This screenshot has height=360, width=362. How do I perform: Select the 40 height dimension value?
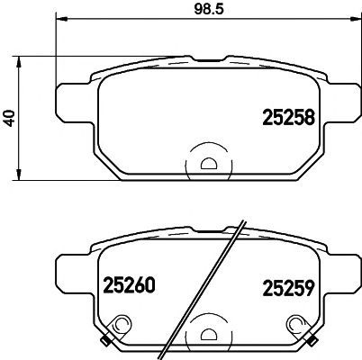coord(10,118)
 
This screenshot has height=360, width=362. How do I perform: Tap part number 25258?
coord(287,117)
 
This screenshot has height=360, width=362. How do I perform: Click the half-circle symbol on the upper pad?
coord(208,164)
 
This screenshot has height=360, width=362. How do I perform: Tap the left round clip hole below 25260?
coord(121,326)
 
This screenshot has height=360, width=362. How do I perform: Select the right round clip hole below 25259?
coord(294,326)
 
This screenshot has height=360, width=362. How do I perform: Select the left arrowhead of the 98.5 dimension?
coord(61,20)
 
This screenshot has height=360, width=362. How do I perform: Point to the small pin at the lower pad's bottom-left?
coord(106,339)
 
